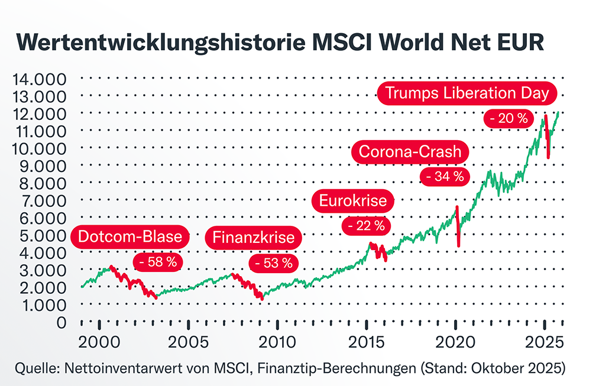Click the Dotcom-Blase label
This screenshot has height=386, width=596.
pyautogui.click(x=131, y=238)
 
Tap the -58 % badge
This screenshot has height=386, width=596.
pyautogui.click(x=157, y=262)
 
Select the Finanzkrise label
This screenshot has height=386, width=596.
pyautogui.click(x=253, y=238)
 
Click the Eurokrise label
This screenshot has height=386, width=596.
pyautogui.click(x=352, y=201)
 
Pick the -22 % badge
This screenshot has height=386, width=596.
pyautogui.click(x=364, y=225)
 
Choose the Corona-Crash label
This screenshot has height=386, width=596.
pyautogui.click(x=411, y=152)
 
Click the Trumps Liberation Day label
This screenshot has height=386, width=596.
pyautogui.click(x=467, y=93)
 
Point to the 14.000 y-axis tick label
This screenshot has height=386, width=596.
pyautogui.click(x=38, y=79)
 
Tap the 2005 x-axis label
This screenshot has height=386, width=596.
pyautogui.click(x=187, y=343)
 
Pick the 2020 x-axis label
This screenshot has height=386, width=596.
pyautogui.click(x=456, y=343)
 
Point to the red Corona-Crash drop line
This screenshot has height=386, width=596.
pyautogui.click(x=458, y=228)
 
